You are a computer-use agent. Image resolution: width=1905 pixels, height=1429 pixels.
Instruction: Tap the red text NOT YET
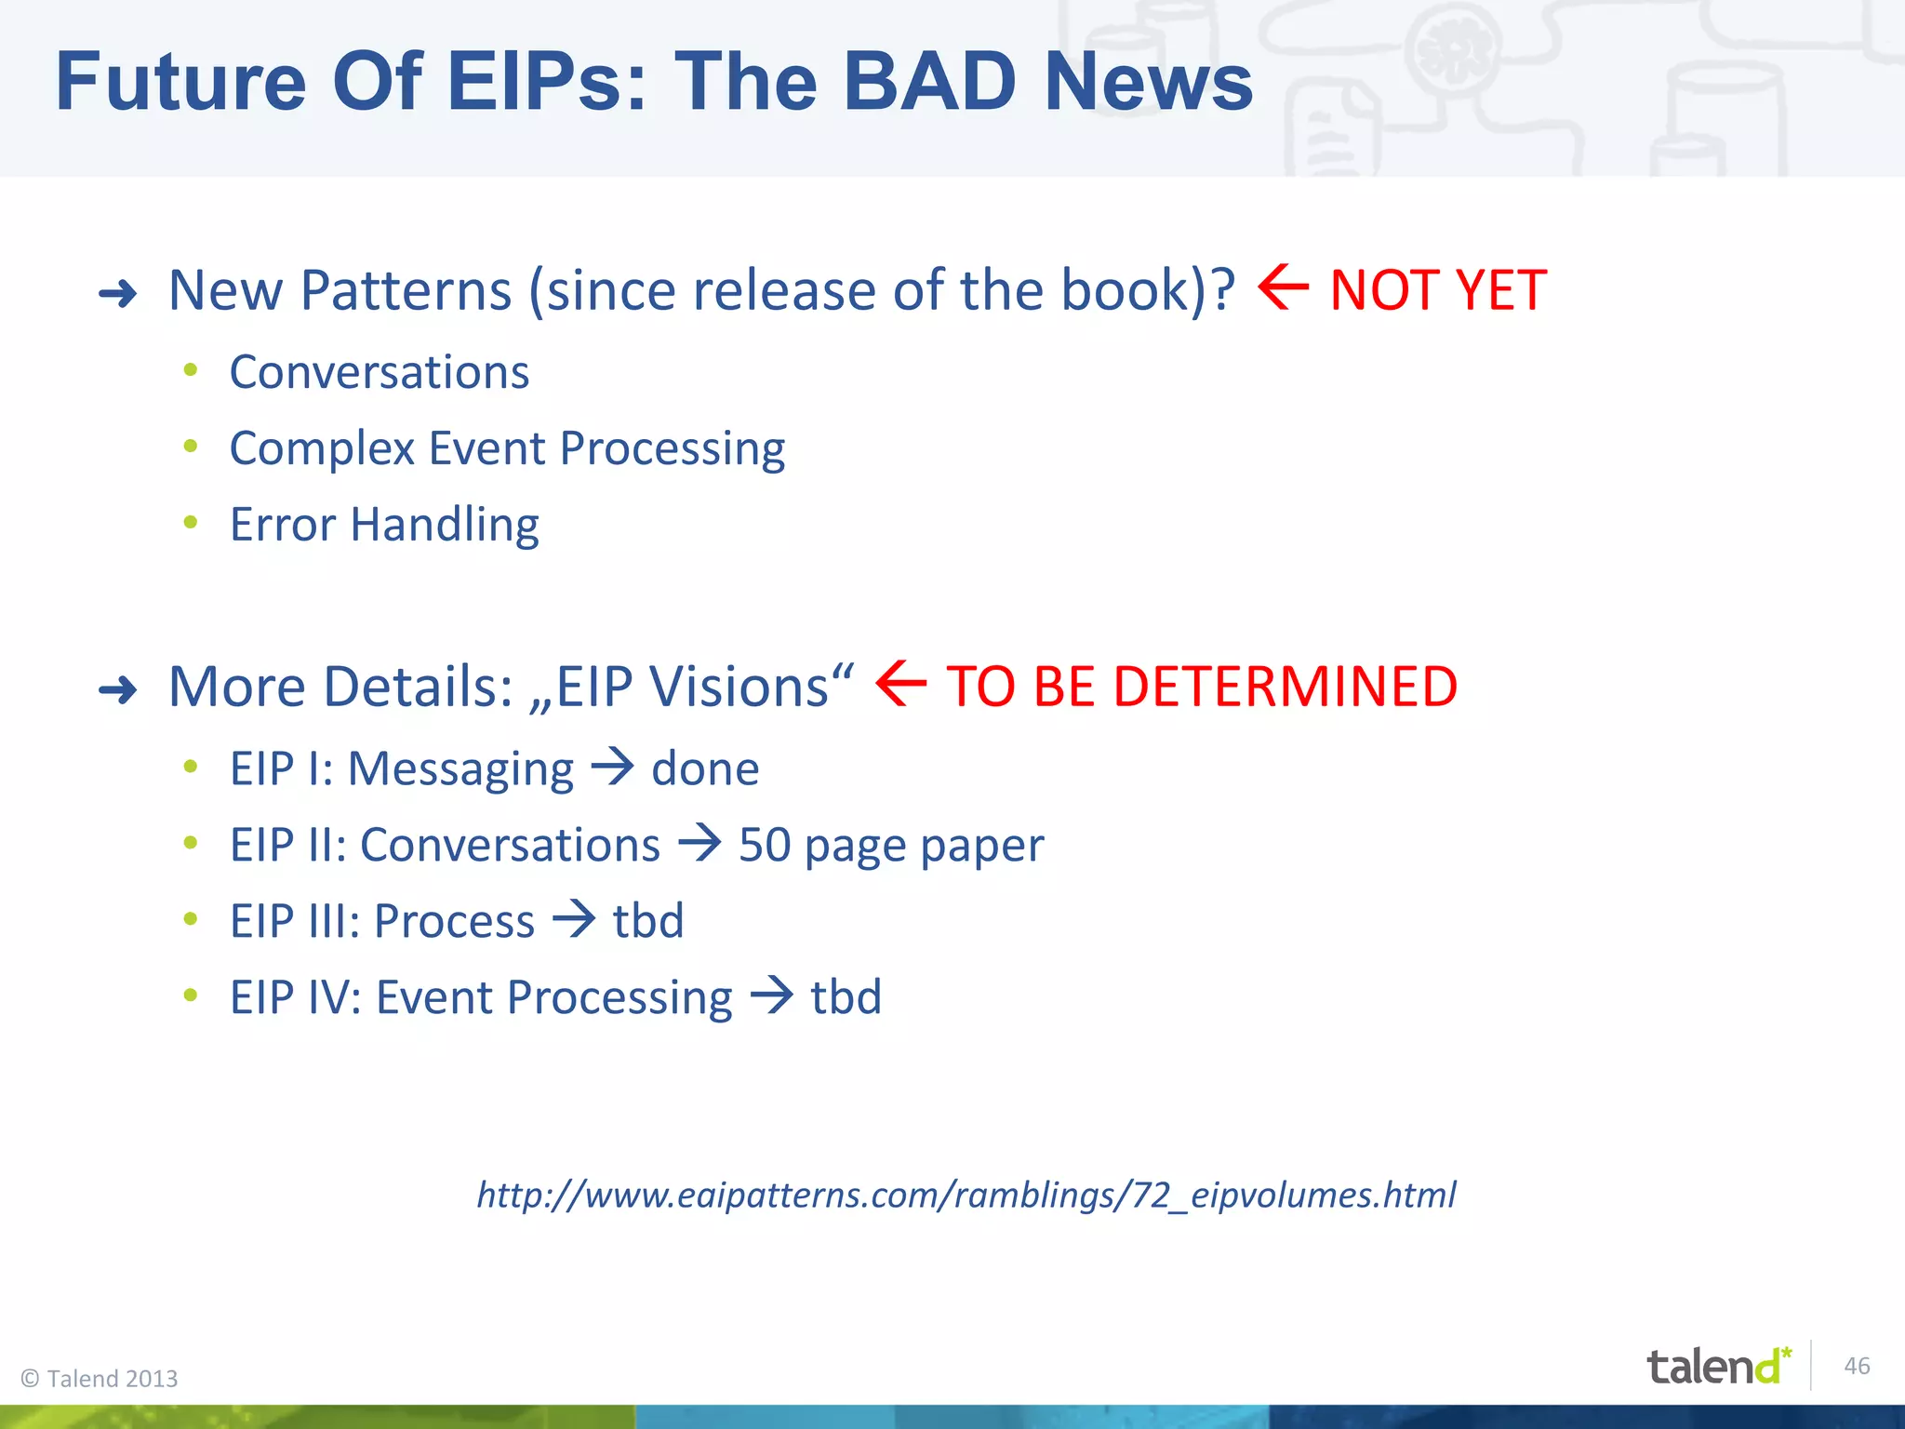(1438, 290)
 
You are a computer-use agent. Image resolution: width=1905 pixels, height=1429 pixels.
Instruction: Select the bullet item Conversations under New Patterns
(380, 372)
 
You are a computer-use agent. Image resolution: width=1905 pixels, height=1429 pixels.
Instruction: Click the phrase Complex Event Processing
(507, 448)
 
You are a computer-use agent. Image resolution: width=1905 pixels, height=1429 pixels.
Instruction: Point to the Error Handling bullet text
(384, 525)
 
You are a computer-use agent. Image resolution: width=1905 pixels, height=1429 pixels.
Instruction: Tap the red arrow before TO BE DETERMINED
(900, 684)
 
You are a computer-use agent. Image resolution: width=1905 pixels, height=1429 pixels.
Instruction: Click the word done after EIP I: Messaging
(705, 769)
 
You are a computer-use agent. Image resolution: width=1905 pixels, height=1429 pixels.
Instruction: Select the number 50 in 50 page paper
(765, 846)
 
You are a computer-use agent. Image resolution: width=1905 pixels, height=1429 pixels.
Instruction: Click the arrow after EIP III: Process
(574, 919)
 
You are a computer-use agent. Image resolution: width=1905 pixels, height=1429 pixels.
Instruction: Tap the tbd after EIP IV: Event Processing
(846, 997)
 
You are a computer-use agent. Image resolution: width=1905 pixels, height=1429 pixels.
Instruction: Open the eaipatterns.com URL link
(966, 1195)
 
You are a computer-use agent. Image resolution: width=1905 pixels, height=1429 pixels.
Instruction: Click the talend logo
(1717, 1366)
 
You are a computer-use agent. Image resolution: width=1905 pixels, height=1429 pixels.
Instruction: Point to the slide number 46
(1857, 1366)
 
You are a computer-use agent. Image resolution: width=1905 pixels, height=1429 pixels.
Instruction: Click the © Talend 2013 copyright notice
(100, 1379)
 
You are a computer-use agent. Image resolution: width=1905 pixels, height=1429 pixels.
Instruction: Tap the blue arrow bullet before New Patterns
(118, 295)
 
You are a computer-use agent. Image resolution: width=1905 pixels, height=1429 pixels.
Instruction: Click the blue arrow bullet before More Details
(118, 690)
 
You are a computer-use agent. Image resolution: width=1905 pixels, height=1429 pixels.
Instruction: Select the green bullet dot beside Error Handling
(191, 523)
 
